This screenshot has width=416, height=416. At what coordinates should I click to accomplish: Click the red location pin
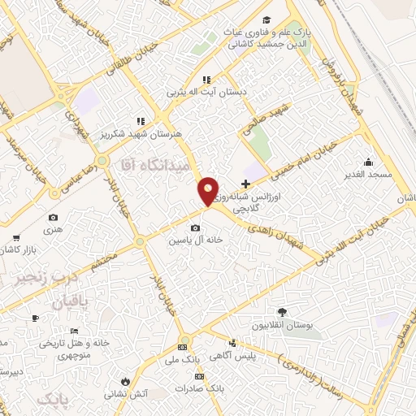[209, 191]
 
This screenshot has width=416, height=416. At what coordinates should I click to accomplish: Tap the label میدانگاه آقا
[154, 165]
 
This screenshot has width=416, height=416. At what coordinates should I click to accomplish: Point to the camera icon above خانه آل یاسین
[195, 228]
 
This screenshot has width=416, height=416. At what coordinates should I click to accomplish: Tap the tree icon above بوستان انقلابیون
[282, 311]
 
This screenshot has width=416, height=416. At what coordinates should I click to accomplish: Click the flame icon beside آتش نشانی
[125, 380]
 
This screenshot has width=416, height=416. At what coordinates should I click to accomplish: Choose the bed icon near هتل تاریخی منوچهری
[74, 331]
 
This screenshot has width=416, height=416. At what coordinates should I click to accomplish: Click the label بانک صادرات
[203, 389]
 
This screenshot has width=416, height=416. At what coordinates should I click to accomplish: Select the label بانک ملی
[182, 358]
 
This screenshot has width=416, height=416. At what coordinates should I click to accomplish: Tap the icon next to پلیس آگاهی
[233, 343]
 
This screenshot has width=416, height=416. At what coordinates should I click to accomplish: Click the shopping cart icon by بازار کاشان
[15, 237]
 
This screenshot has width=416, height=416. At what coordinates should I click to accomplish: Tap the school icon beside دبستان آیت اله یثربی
[206, 80]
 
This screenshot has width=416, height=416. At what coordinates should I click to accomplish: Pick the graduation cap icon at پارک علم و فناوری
[266, 21]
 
